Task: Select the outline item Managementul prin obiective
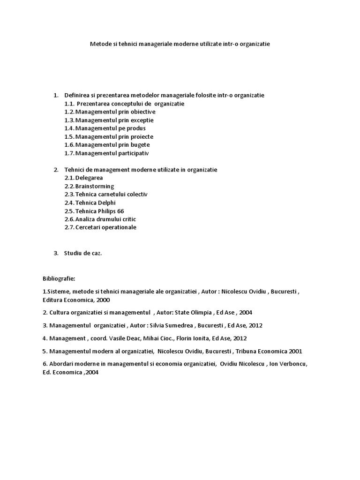[x=115, y=112]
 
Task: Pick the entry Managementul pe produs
[x=110, y=128]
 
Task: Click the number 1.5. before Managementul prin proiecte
[x=69, y=136]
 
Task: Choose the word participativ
[x=135, y=153]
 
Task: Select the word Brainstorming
[x=95, y=186]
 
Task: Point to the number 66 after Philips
[x=120, y=211]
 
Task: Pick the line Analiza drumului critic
[x=105, y=219]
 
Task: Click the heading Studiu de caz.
[x=83, y=253]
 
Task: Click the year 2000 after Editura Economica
[x=103, y=300]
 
